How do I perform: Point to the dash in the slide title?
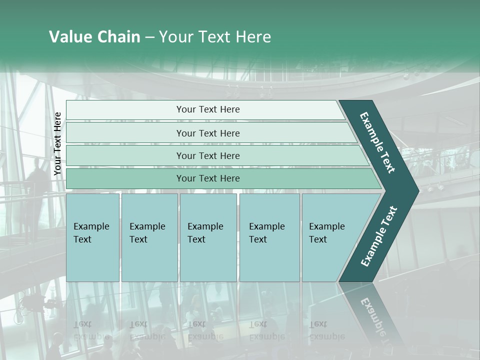(149, 37)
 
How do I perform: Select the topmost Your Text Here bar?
(207, 109)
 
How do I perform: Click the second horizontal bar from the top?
(207, 133)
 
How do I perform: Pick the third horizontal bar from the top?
(207, 155)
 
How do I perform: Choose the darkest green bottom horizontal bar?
(207, 178)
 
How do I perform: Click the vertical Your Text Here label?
(57, 143)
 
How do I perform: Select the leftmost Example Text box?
(92, 237)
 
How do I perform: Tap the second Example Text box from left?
(149, 237)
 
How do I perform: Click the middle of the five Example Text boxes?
(208, 237)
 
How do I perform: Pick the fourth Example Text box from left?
(269, 237)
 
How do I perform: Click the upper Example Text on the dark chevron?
(377, 142)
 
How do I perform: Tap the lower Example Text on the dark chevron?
(378, 236)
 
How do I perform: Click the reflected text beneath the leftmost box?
(91, 330)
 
